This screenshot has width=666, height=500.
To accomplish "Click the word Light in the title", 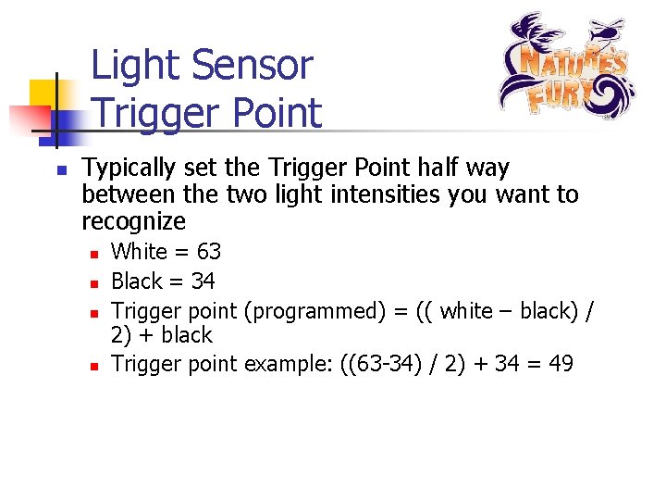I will click(x=137, y=66).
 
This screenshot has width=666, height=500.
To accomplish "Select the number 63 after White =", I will click(x=208, y=252).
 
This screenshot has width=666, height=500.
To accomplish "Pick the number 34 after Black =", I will click(x=202, y=281).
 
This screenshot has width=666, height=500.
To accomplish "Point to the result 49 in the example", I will click(x=561, y=364).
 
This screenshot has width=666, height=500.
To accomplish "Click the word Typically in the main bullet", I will click(x=129, y=169).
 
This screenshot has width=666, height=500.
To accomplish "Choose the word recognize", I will click(x=133, y=222).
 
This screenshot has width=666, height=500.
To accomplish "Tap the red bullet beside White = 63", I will click(x=93, y=253).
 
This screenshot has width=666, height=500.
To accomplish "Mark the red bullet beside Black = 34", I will click(x=93, y=282).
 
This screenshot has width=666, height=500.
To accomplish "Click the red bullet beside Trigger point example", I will click(x=93, y=366).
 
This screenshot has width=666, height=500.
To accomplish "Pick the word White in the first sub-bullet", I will click(x=139, y=252).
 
